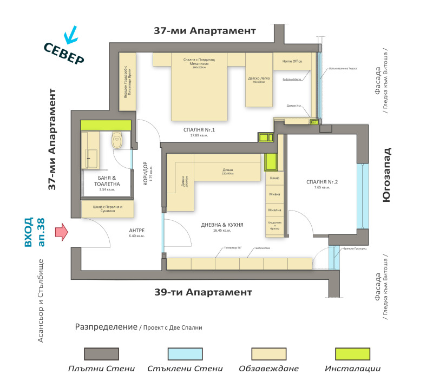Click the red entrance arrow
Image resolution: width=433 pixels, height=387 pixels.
click(62, 231)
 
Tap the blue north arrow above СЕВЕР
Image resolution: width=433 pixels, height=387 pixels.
click(70, 36)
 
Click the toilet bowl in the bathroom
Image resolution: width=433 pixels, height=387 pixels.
click(117, 142)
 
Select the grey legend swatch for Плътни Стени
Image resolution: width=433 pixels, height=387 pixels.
click(101, 353)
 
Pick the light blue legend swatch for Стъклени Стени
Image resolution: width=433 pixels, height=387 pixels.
click(185, 353)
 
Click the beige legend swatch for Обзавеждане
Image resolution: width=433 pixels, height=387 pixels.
click(268, 353)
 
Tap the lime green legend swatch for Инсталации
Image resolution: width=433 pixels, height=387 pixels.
click(353, 353)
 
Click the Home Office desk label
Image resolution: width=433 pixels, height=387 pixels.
click(292, 61)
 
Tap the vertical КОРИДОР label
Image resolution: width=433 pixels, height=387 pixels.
click(146, 174)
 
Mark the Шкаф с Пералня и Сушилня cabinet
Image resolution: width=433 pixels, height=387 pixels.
click(108, 209)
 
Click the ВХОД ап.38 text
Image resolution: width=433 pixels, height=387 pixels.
click(35, 232)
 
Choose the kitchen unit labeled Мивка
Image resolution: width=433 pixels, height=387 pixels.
click(274, 193)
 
